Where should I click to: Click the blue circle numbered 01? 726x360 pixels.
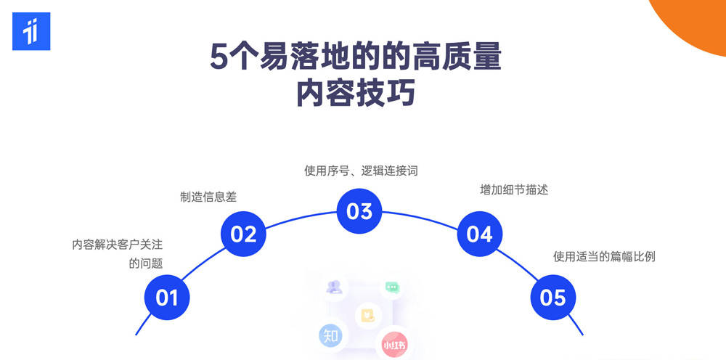(167, 298)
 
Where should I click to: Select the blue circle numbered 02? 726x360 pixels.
(244, 234)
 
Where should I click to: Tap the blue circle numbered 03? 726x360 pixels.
(359, 211)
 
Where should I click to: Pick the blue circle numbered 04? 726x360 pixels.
(479, 234)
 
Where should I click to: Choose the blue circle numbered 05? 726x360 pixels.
(553, 298)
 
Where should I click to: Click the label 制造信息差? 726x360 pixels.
(208, 197)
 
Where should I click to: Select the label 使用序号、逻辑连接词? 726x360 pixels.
(361, 171)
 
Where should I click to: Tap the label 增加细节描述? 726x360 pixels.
(514, 189)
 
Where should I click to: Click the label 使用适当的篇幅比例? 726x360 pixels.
(604, 256)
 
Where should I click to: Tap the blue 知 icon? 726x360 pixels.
(332, 336)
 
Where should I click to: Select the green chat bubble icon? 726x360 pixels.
(393, 287)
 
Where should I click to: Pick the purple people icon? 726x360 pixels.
(335, 287)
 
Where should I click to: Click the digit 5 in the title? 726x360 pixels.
(219, 57)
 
